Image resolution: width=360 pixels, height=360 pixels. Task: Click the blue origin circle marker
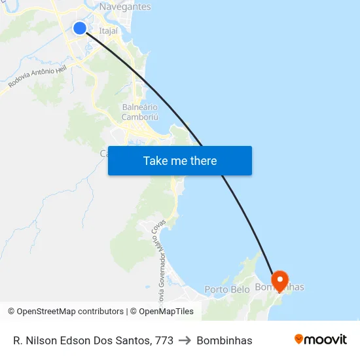point(80,27)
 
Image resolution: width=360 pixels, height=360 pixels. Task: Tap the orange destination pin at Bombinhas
point(280,281)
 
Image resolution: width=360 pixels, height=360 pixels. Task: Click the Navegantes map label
point(125,7)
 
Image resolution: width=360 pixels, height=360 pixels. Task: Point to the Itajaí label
point(109,30)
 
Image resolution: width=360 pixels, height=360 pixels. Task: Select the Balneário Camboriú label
point(140,112)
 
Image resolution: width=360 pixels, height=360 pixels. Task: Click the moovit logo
point(320,340)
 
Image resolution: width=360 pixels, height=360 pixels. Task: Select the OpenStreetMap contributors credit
point(70,312)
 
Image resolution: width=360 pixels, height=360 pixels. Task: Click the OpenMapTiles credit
point(166,312)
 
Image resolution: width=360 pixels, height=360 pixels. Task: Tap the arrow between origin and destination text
point(185,340)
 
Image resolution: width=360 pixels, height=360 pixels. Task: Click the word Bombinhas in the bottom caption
point(225,340)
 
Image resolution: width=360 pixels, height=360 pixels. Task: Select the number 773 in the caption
point(164,340)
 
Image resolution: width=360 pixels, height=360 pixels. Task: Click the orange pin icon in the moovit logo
point(299,339)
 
